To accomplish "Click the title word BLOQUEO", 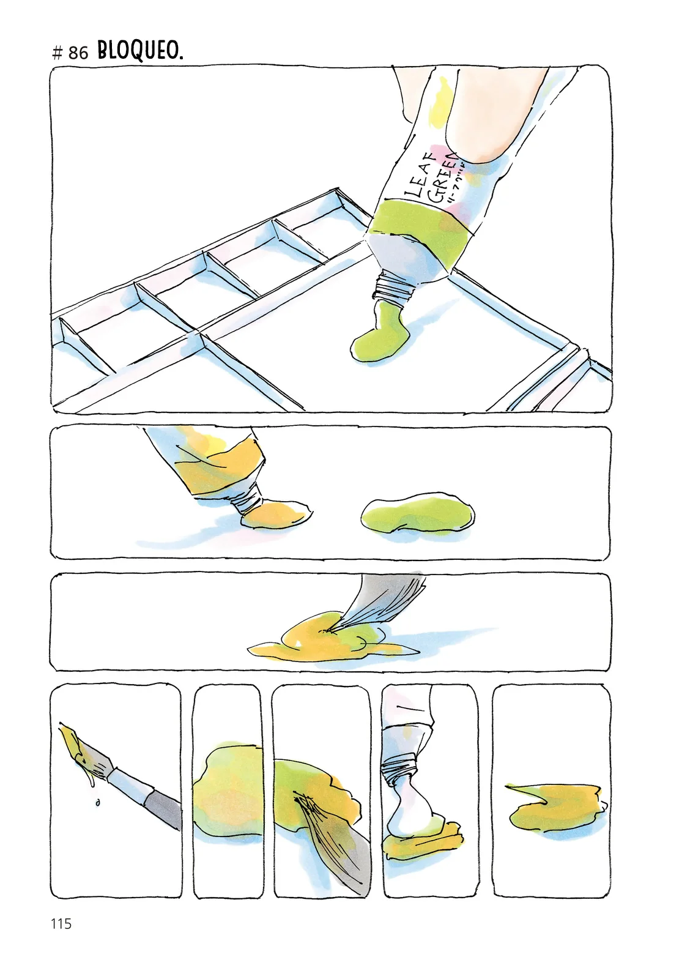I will click(x=140, y=51).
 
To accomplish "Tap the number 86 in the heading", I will click(x=78, y=53).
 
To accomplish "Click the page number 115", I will click(x=61, y=924).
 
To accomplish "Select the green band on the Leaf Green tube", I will click(x=422, y=233).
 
